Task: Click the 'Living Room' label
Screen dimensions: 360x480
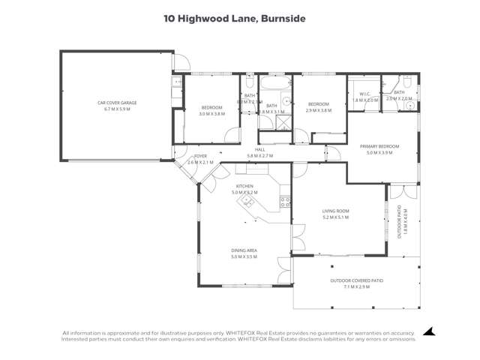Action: pyautogui.click(x=337, y=211)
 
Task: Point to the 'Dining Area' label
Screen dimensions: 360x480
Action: pyautogui.click(x=244, y=250)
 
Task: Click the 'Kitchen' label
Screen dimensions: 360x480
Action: pyautogui.click(x=244, y=186)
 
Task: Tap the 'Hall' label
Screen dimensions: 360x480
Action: pyautogui.click(x=260, y=149)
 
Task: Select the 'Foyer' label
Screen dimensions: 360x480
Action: pyautogui.click(x=200, y=156)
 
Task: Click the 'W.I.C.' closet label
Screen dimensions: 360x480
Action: pyautogui.click(x=362, y=93)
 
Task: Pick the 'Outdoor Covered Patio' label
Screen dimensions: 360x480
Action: pyautogui.click(x=356, y=280)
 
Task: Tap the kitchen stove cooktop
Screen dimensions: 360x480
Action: pyautogui.click(x=285, y=201)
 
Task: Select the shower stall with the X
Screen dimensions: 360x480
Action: pyautogui.click(x=268, y=136)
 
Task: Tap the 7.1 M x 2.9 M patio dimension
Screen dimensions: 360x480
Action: pyautogui.click(x=356, y=286)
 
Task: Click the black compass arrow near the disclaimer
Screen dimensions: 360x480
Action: pyautogui.click(x=428, y=331)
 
